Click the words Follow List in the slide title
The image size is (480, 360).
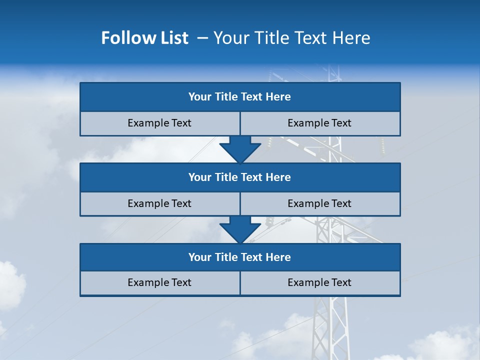pyautogui.click(x=144, y=38)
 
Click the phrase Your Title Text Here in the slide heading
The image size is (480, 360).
pyautogui.click(x=291, y=38)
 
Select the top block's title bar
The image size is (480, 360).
pyautogui.click(x=240, y=97)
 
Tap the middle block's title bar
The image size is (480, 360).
pyautogui.click(x=240, y=177)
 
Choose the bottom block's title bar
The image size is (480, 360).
pyautogui.click(x=240, y=257)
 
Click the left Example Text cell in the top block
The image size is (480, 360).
pyautogui.click(x=159, y=123)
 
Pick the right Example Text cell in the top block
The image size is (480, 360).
pyautogui.click(x=319, y=123)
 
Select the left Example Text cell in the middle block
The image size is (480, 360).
pyautogui.click(x=159, y=204)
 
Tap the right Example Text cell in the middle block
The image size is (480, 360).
pyautogui.click(x=319, y=204)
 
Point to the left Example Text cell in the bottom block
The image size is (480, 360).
pyautogui.click(x=159, y=283)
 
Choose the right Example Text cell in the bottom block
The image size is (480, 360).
pyautogui.click(x=319, y=283)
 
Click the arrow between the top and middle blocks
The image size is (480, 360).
pyautogui.click(x=240, y=149)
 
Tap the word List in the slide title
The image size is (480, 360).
pyautogui.click(x=171, y=38)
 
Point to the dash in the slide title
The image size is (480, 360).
pyautogui.click(x=202, y=38)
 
